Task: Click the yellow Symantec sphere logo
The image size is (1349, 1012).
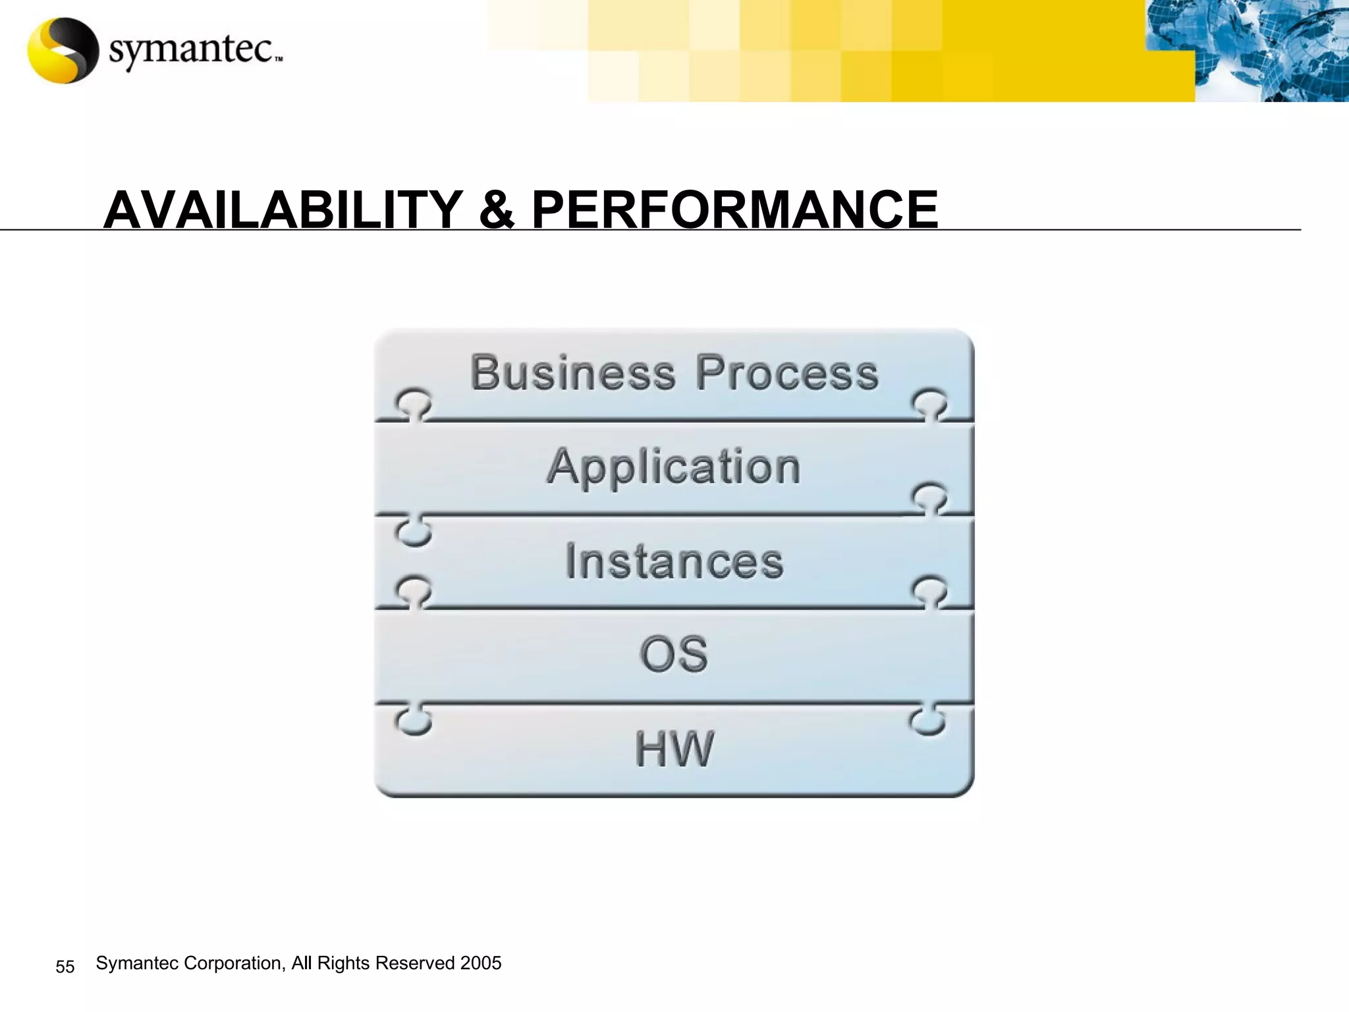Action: (63, 51)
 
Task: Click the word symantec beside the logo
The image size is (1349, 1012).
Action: (191, 50)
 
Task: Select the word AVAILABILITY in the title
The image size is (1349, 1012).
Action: (283, 210)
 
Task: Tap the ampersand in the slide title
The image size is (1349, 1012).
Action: (497, 210)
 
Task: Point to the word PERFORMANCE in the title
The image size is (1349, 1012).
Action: (734, 210)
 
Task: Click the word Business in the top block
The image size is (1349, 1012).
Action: (572, 373)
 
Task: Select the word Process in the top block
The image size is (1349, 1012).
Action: (787, 373)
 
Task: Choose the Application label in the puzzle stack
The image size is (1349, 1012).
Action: (674, 466)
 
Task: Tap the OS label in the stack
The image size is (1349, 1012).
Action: (674, 654)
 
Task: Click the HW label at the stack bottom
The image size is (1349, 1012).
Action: (674, 749)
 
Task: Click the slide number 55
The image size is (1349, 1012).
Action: (65, 967)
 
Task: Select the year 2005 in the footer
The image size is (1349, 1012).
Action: (481, 963)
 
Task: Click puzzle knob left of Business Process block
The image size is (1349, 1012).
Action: (413, 403)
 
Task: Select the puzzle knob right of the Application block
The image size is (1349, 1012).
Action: (930, 497)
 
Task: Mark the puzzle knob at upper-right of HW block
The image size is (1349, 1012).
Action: (927, 722)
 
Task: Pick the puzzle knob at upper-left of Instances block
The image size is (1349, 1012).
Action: (414, 531)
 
